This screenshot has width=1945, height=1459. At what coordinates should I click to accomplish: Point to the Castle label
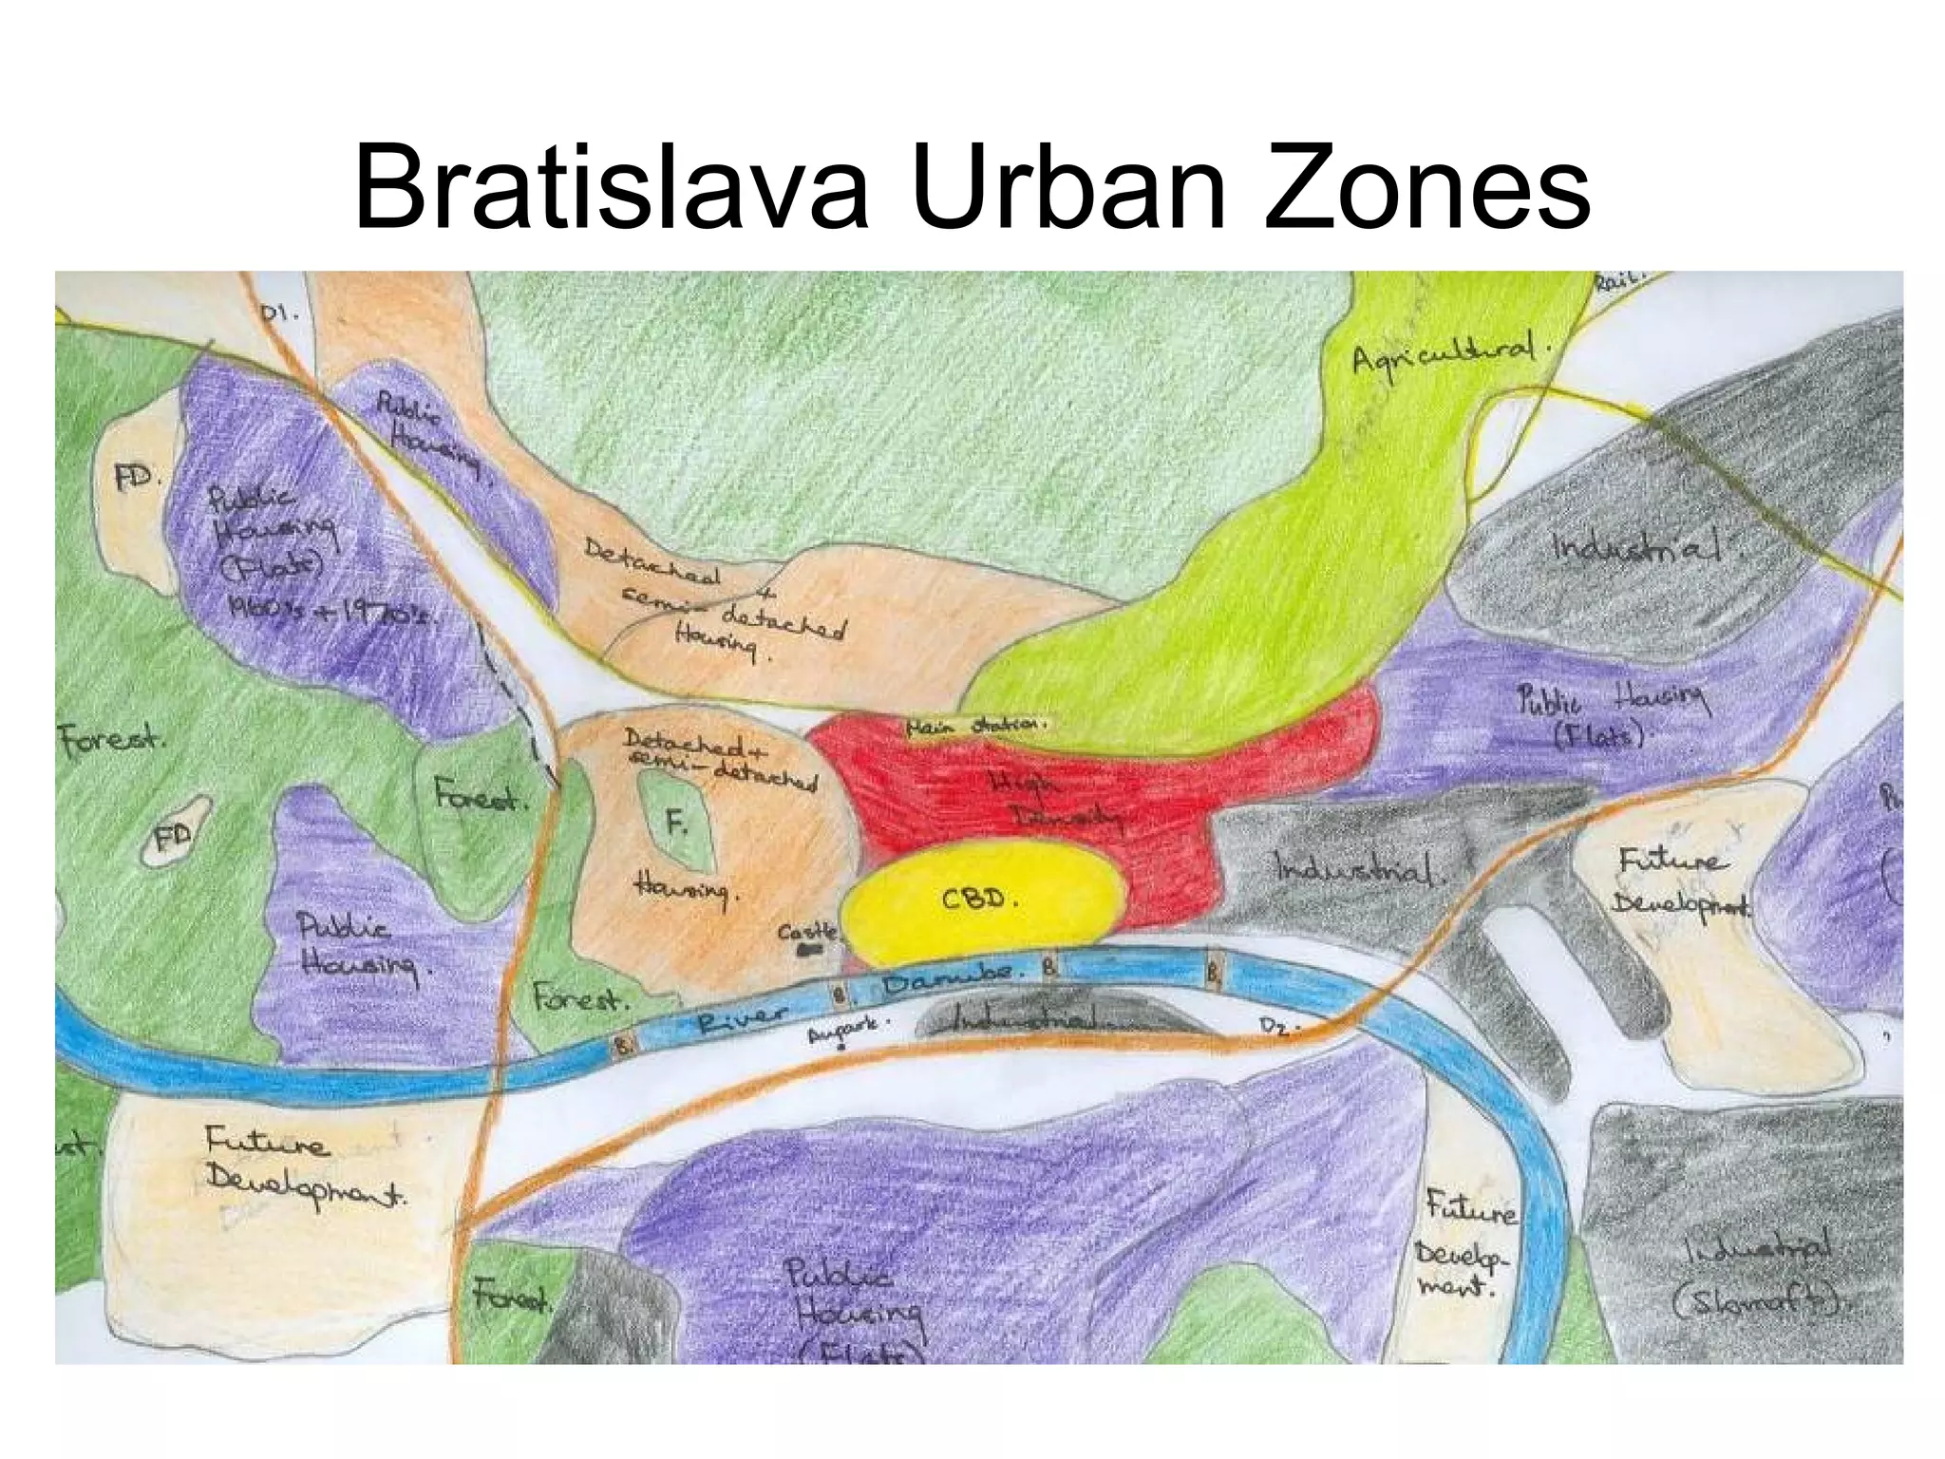(808, 932)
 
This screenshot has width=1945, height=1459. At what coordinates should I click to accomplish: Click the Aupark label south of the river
(847, 1031)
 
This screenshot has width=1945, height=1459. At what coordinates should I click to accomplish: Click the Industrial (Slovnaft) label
(1758, 1273)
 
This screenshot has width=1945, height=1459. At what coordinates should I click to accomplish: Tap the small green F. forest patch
(676, 822)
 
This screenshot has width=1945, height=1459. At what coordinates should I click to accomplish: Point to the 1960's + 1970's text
(332, 613)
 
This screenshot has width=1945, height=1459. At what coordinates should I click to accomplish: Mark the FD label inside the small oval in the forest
(175, 836)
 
